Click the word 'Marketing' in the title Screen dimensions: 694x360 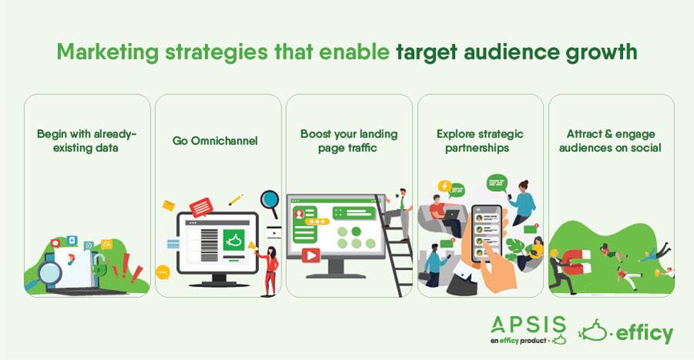click(x=107, y=52)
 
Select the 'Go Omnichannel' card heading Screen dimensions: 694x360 click(x=214, y=141)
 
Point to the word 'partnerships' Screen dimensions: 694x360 click(x=477, y=148)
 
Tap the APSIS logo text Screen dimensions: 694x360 click(x=528, y=325)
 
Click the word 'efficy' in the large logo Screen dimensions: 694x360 click(x=645, y=334)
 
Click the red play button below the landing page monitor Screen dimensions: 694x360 click(x=312, y=256)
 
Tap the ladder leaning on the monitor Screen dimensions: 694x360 click(x=394, y=245)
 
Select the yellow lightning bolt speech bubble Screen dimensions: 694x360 click(x=444, y=187)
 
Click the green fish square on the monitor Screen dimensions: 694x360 click(x=234, y=241)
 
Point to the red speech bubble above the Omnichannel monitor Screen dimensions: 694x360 click(x=201, y=207)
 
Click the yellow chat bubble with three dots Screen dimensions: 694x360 click(x=163, y=272)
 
